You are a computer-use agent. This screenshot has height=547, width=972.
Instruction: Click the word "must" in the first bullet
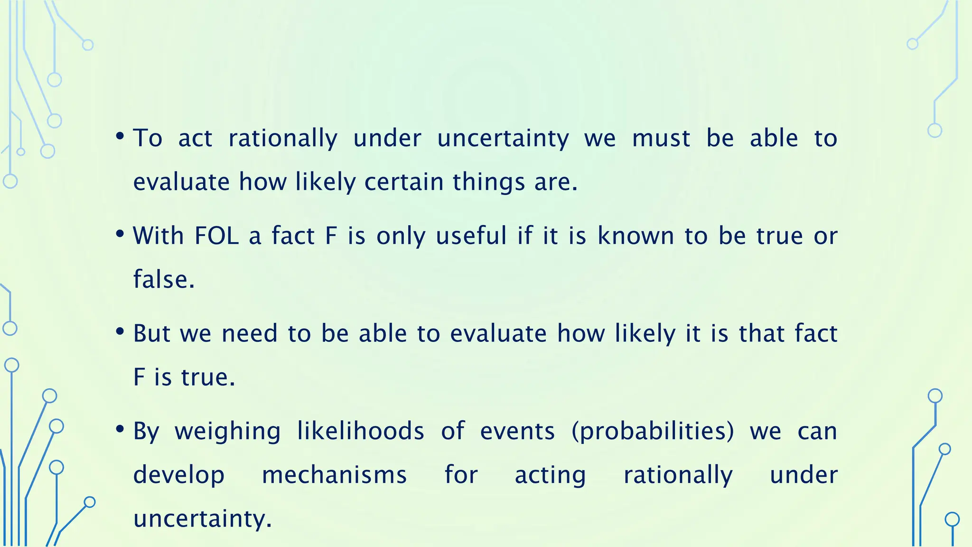(x=661, y=139)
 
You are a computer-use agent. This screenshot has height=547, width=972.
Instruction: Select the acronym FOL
(x=216, y=236)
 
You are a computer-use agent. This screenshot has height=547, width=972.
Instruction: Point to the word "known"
(x=636, y=236)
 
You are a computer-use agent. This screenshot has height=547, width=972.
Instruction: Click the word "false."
(x=164, y=280)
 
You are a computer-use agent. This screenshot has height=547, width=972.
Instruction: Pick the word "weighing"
(x=228, y=432)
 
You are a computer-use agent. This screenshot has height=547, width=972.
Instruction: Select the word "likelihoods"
(x=361, y=431)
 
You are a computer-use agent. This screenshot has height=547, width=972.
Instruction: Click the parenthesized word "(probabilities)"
(x=653, y=432)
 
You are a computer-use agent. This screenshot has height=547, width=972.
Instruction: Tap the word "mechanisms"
(x=334, y=475)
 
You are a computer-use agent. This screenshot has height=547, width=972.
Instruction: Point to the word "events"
(x=517, y=432)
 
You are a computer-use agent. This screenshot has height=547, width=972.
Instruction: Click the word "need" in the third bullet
(x=249, y=334)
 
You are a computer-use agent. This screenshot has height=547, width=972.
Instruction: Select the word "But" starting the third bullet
(x=151, y=334)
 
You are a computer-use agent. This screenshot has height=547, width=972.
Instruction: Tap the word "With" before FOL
(x=158, y=236)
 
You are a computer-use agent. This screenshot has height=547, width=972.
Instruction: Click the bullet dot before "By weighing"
(x=120, y=429)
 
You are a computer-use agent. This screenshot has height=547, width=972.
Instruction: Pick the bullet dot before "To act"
(x=120, y=137)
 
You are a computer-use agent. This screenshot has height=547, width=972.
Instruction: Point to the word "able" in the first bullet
(x=774, y=139)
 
